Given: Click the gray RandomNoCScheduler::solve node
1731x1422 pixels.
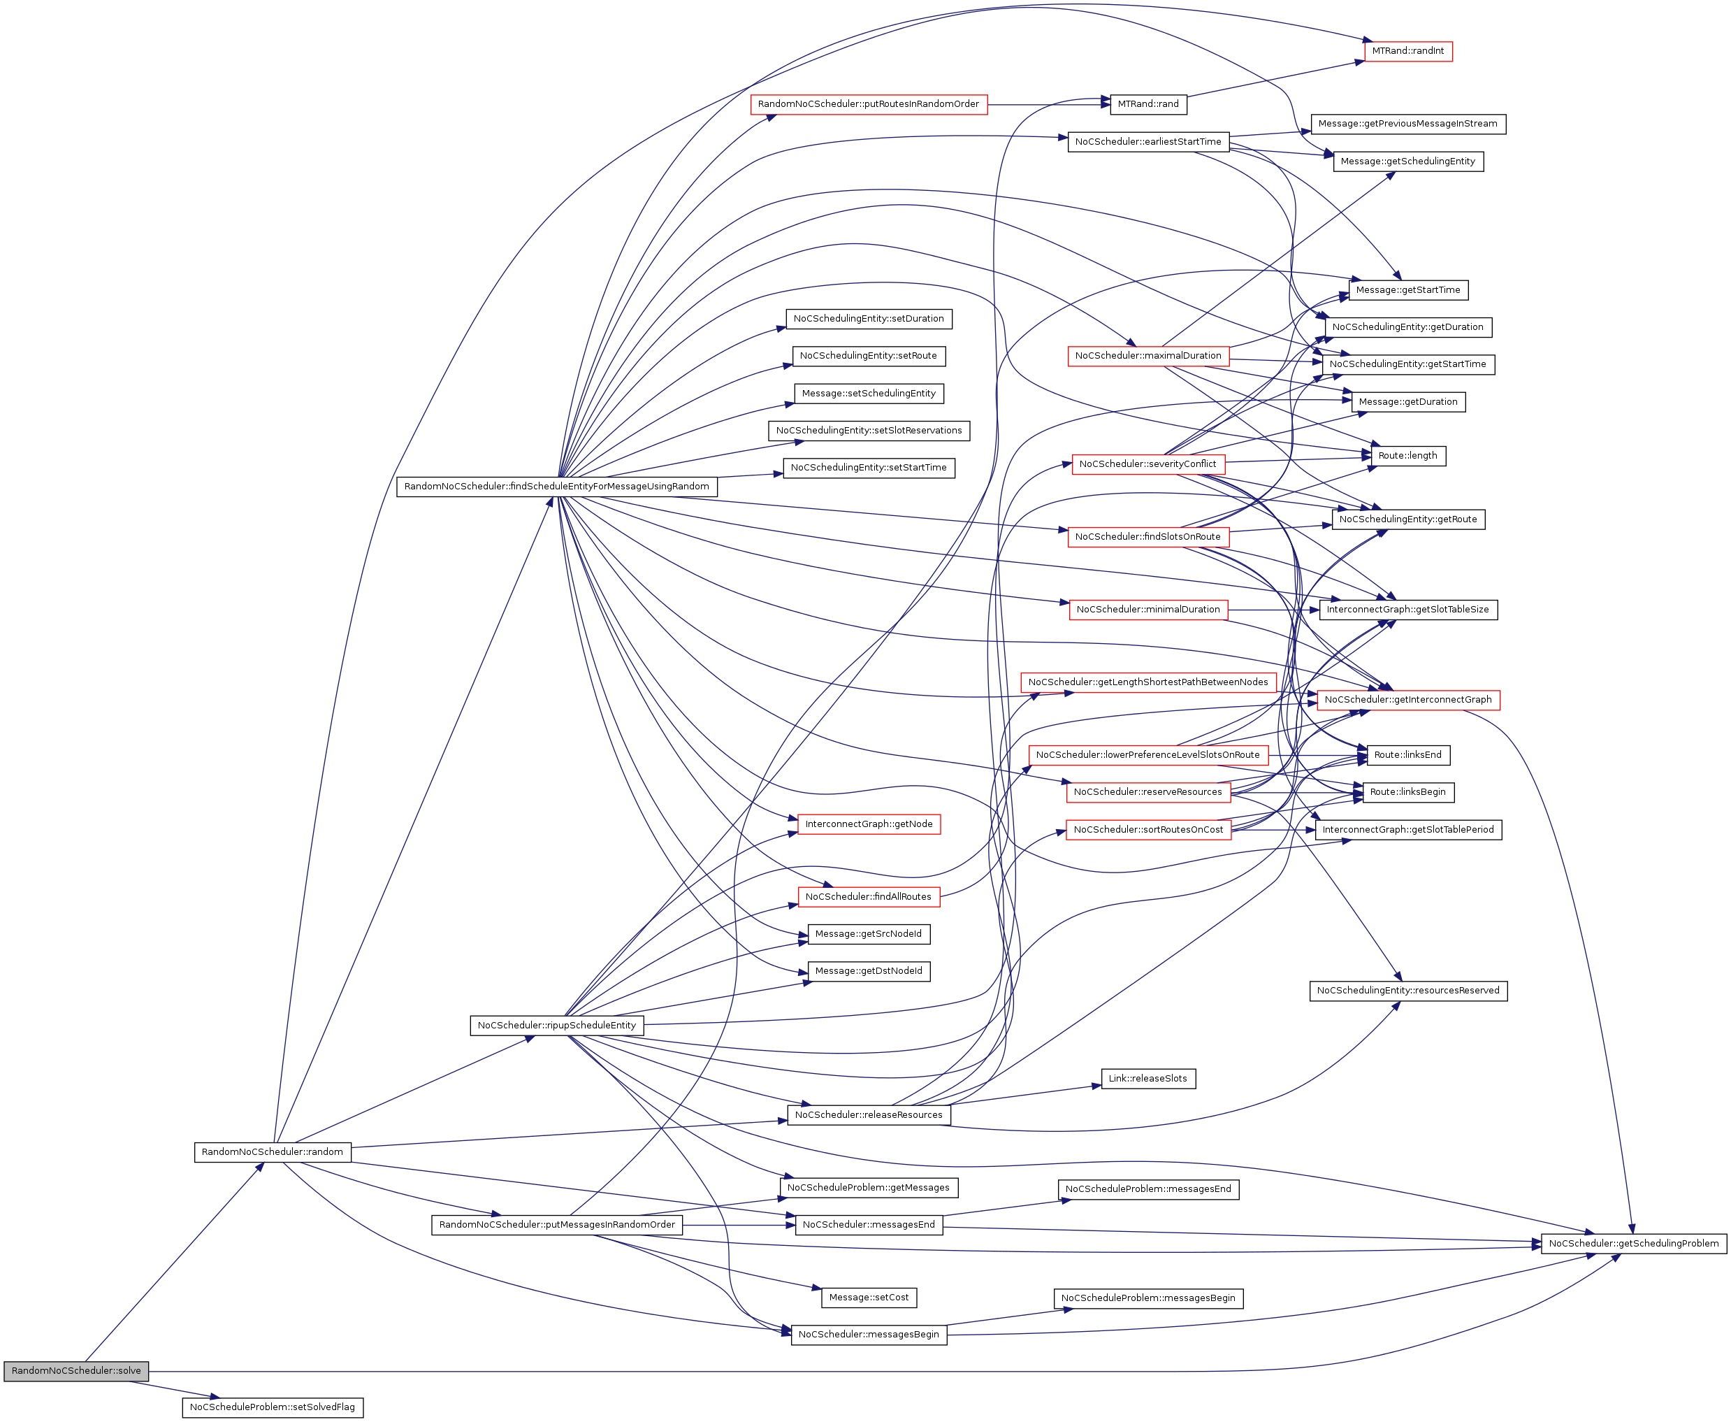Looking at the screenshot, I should pyautogui.click(x=76, y=1370).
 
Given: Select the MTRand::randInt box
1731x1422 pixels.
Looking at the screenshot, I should pyautogui.click(x=1407, y=51).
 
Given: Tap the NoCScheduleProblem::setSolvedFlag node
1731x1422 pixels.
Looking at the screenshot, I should pyautogui.click(x=272, y=1407).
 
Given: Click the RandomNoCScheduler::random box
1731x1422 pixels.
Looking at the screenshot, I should pyautogui.click(x=272, y=1151).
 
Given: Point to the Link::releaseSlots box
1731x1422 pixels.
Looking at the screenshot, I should pyautogui.click(x=1147, y=1079).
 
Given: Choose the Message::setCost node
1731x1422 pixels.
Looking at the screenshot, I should pyautogui.click(x=869, y=1298).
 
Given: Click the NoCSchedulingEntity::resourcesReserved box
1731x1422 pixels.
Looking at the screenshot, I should pyautogui.click(x=1407, y=991).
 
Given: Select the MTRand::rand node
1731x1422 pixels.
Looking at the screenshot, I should pyautogui.click(x=1148, y=104).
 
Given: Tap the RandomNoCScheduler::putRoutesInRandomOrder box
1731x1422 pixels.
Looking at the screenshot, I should pyautogui.click(x=868, y=104).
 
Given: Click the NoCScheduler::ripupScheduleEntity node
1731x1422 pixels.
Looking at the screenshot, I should pyautogui.click(x=557, y=1025).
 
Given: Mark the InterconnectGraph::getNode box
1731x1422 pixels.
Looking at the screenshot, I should pyautogui.click(x=869, y=824).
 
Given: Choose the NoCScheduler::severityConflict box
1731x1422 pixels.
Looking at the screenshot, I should pyautogui.click(x=1147, y=464).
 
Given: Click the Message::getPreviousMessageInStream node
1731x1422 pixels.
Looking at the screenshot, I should pyautogui.click(x=1407, y=124).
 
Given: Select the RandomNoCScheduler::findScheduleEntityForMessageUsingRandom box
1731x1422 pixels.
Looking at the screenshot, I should pyautogui.click(x=557, y=487).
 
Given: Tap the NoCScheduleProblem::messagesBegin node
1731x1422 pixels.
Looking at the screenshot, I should pyautogui.click(x=1148, y=1298).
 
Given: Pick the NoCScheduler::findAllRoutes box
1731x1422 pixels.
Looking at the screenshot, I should pyautogui.click(x=868, y=897).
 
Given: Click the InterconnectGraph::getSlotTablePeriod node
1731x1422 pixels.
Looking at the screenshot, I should pyautogui.click(x=1407, y=830).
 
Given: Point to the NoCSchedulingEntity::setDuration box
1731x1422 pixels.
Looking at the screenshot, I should pyautogui.click(x=868, y=319).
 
